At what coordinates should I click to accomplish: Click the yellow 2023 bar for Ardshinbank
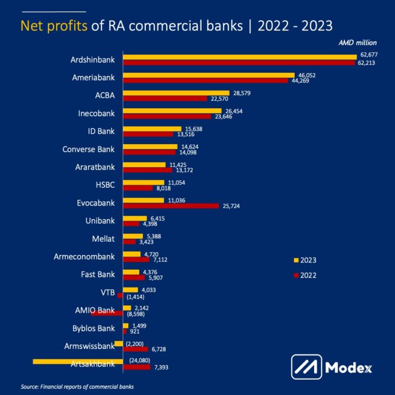tap(239, 57)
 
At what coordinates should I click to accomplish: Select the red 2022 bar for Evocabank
tap(171, 206)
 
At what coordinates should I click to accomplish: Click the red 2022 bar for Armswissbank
tap(136, 349)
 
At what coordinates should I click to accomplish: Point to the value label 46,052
tap(306, 75)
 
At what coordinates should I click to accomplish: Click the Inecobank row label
tap(97, 113)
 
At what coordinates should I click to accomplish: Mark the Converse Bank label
tap(89, 148)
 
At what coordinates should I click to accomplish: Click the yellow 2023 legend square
tap(296, 260)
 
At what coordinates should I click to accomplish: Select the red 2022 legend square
tap(296, 275)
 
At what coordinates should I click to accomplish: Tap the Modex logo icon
tap(306, 367)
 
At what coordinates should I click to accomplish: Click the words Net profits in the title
tap(54, 26)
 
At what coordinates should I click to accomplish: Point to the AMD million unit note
tap(357, 43)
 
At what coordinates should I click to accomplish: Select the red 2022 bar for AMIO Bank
tap(107, 314)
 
